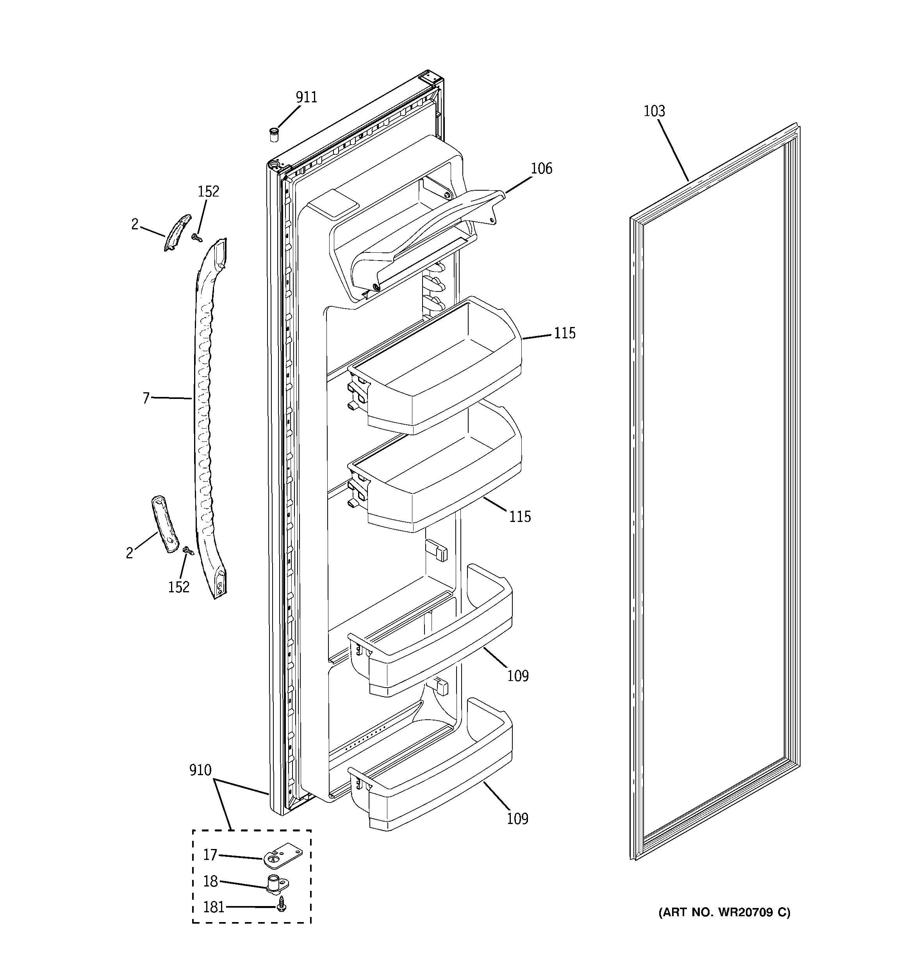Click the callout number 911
307,97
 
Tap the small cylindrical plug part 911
274,134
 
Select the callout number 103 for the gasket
654,111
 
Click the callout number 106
541,169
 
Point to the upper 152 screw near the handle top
197,237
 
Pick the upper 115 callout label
565,333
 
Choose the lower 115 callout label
520,517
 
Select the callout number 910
200,770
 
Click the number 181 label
214,907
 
